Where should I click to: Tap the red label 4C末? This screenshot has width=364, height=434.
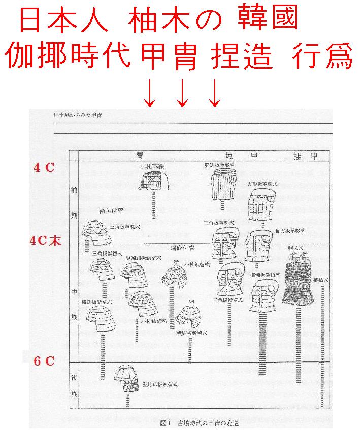click(45, 241)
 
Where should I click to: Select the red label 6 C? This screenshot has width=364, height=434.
click(44, 361)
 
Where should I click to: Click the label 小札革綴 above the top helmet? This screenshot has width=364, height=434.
click(152, 166)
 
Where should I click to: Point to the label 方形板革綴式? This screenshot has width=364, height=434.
click(262, 183)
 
